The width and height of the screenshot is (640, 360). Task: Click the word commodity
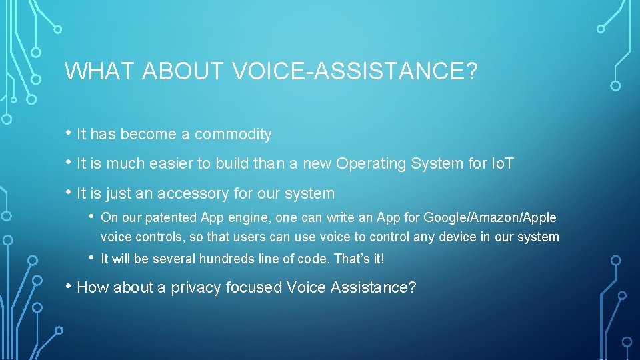click(233, 135)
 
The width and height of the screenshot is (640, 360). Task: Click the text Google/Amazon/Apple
click(490, 218)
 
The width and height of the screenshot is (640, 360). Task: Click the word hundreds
click(204, 259)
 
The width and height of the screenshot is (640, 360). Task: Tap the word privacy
click(196, 288)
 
